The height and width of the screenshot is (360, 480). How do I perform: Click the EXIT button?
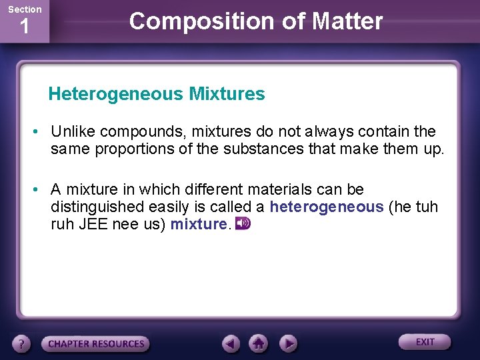point(425,342)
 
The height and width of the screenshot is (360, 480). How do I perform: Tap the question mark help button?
point(22,344)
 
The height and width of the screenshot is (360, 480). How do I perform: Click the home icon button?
point(259,343)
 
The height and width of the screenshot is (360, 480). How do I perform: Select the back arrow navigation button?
point(231,343)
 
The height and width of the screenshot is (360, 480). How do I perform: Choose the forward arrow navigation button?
point(287,343)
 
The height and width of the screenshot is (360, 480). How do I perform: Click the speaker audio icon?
point(243,223)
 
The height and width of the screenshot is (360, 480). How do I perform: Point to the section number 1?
point(24,27)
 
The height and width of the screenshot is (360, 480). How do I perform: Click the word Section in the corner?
point(24,9)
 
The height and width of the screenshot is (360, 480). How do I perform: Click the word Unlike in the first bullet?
point(71,131)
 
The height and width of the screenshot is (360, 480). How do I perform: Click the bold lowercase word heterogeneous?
point(327,207)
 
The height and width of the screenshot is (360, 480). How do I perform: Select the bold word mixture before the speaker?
point(199,224)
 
